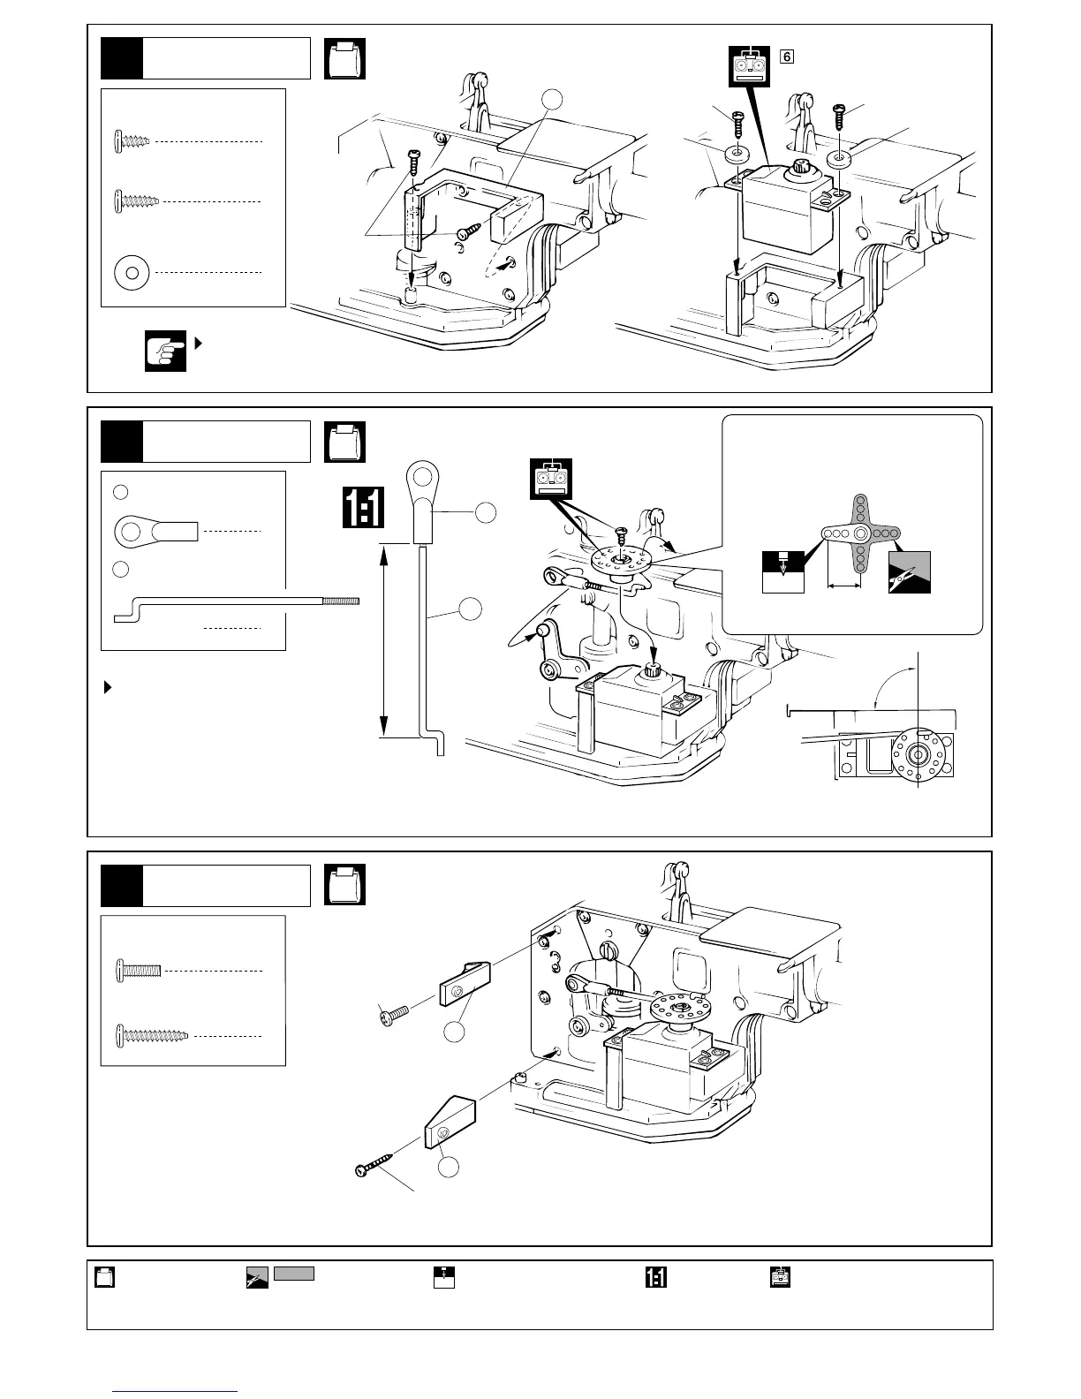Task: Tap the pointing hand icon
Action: pos(165,351)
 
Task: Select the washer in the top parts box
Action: pos(132,272)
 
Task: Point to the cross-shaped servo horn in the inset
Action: pos(859,534)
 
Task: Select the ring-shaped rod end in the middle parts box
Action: pos(155,532)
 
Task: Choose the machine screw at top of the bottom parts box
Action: pos(139,971)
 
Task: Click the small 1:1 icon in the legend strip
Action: pos(656,1277)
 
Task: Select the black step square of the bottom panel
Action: pos(121,886)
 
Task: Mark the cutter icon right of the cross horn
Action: pos(910,572)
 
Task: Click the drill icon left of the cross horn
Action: pos(783,572)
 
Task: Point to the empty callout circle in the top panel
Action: pos(552,101)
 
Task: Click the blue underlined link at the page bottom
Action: pos(176,1391)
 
